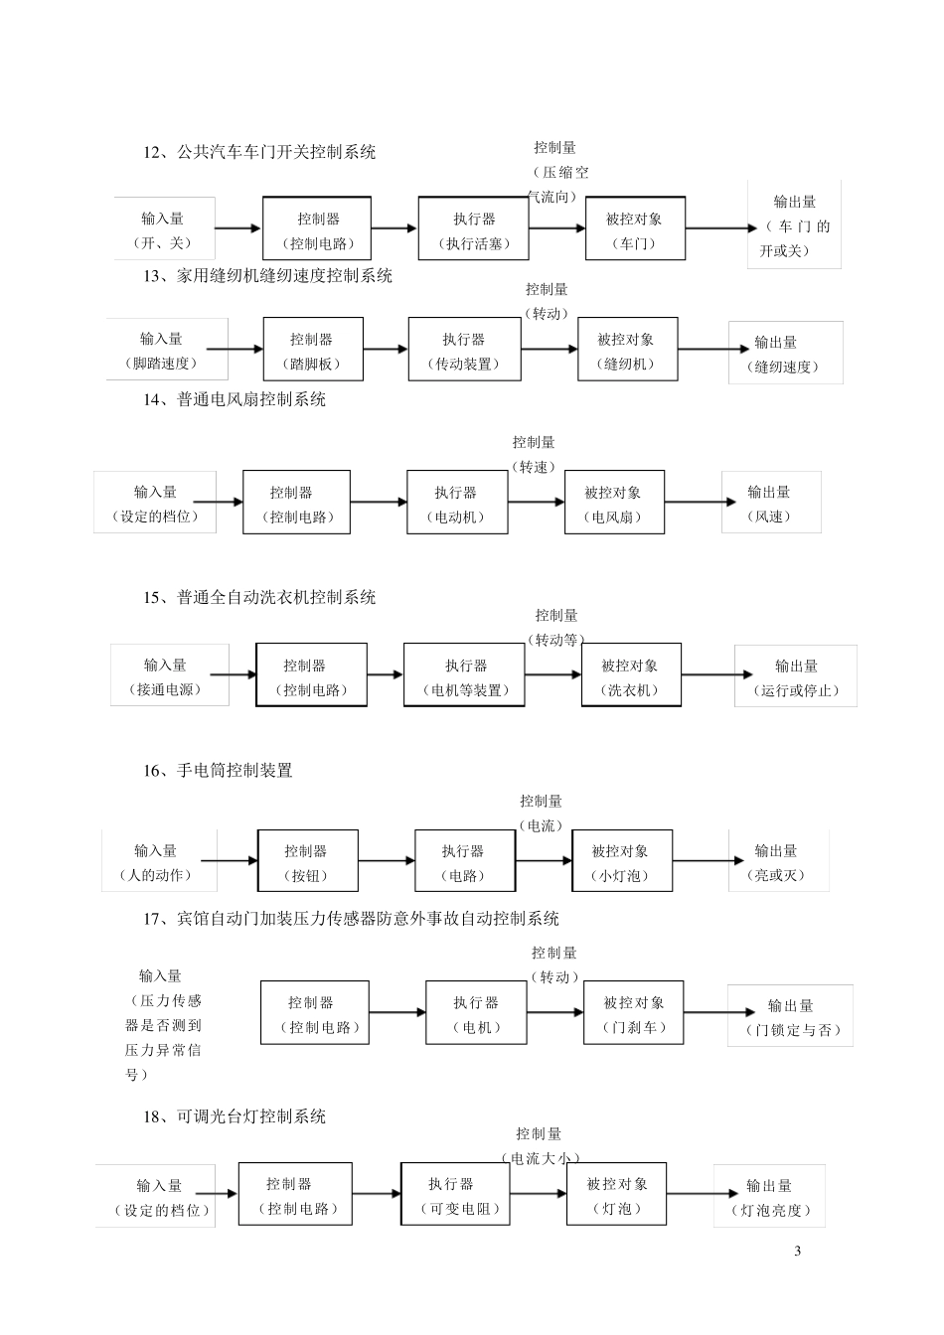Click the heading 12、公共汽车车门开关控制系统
(259, 152)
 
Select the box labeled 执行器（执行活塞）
(473, 229)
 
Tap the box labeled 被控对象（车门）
(635, 229)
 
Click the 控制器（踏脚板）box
(312, 350)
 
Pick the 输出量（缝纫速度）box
(785, 354)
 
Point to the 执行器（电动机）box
(457, 503)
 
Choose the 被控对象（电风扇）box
(614, 503)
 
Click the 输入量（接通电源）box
(169, 676)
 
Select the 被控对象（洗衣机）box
(631, 676)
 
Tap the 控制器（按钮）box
(307, 861)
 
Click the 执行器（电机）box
(476, 1013)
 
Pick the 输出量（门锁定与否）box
(790, 1016)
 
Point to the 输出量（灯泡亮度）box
(769, 1196)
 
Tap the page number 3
(798, 1251)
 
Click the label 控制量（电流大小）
(540, 1146)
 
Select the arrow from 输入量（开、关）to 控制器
(237, 229)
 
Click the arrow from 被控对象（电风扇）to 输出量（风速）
(694, 503)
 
